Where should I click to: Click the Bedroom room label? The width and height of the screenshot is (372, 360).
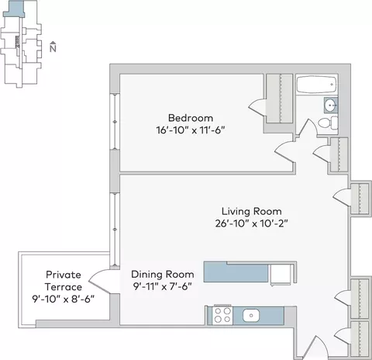(x=191, y=118)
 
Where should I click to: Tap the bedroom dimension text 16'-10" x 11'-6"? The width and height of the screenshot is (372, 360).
(x=191, y=130)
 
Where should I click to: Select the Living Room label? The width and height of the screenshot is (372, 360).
(x=252, y=211)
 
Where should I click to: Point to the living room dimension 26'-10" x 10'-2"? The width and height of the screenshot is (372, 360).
(x=252, y=223)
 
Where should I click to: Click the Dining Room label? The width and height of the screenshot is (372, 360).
(x=163, y=275)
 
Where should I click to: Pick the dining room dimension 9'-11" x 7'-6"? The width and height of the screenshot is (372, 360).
(x=163, y=286)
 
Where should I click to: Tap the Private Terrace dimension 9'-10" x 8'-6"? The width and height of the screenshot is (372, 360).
(x=64, y=299)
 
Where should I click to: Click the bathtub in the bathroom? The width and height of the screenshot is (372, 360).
(x=317, y=85)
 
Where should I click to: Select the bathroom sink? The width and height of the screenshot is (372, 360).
(x=331, y=105)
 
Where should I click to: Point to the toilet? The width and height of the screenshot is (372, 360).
(x=328, y=123)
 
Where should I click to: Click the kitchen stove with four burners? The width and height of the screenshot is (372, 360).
(x=222, y=315)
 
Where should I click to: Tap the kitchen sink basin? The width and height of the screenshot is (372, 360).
(x=251, y=315)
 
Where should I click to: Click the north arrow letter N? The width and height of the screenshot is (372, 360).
(x=53, y=48)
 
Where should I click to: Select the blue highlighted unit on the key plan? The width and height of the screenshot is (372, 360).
(x=15, y=9)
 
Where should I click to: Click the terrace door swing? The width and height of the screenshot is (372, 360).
(x=100, y=282)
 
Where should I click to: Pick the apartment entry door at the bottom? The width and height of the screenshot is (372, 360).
(x=315, y=348)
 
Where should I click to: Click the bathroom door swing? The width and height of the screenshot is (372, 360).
(x=308, y=126)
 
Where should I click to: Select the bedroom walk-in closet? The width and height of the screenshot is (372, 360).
(x=280, y=99)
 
